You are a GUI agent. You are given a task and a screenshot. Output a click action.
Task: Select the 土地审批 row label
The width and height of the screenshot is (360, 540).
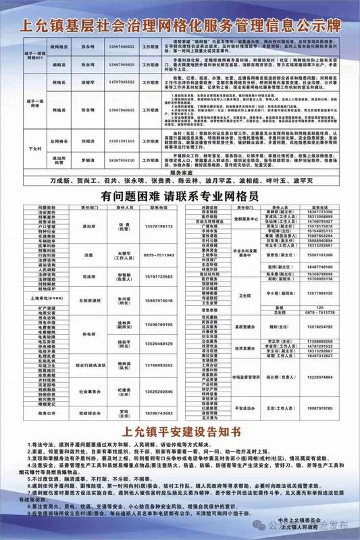click(x=41, y=298)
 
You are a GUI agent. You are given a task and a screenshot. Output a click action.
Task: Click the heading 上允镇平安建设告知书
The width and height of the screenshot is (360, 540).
click(x=179, y=432)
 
